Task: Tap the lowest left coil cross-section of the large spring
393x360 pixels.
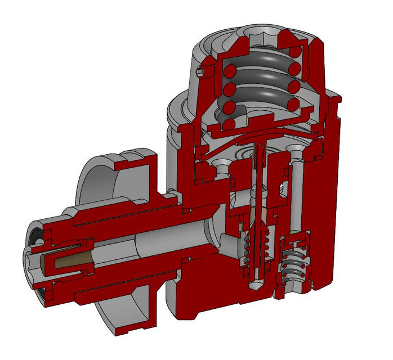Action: coord(230,124)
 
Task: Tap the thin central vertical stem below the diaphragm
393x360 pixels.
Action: coord(261,180)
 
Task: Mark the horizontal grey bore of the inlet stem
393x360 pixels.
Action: coord(169,239)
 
